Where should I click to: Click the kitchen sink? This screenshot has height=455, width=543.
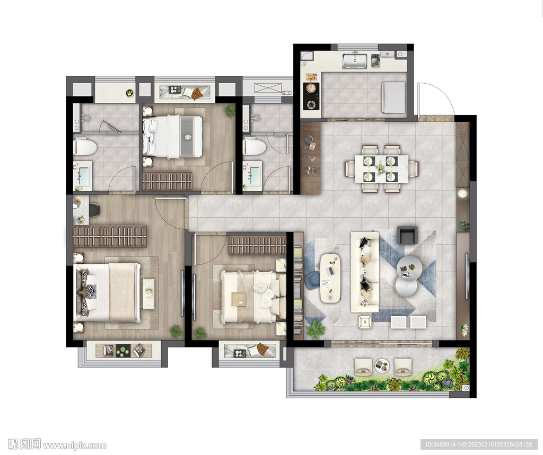coord(355,61)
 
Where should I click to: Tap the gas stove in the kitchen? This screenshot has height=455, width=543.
coord(311,96)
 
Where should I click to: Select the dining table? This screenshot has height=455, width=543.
coord(381,168)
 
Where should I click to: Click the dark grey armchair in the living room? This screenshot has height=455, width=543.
coord(407,235)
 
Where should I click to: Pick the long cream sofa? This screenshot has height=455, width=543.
coord(365,272)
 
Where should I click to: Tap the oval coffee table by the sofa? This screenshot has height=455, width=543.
coord(330,278)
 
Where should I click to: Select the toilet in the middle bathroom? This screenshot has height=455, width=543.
coord(255,147)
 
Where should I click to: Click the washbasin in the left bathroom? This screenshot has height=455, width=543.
coord(83,175)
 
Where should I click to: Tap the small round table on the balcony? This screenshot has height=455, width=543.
coord(382,365)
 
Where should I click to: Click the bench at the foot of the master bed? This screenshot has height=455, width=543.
coord(148,293)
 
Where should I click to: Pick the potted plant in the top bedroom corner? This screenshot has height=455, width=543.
coord(229,111)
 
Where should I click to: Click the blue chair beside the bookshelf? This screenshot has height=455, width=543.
coord(313,280)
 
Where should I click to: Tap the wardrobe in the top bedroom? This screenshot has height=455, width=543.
coord(167,181)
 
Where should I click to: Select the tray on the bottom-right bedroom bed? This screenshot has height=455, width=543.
coord(239,299)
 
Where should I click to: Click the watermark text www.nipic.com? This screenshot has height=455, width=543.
coord(74,445)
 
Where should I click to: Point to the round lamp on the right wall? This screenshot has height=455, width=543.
coord(461,193)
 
